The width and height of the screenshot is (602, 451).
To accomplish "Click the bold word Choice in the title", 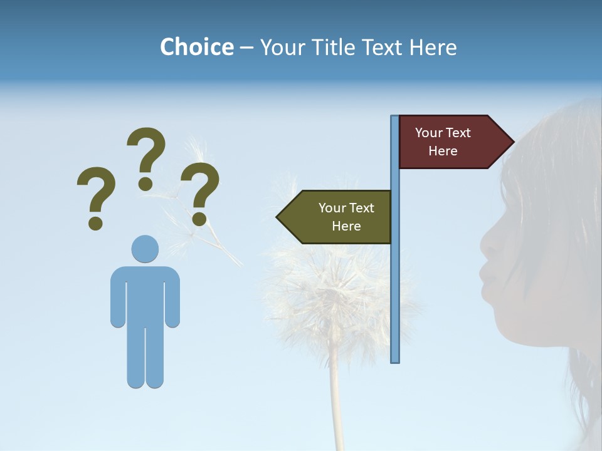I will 196,47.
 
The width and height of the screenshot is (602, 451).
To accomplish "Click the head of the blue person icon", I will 145,249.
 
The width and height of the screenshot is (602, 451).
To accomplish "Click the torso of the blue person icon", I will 145,294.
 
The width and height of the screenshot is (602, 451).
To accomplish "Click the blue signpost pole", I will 394,282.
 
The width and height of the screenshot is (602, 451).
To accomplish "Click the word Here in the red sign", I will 443,151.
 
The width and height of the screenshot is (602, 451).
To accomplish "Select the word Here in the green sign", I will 346,226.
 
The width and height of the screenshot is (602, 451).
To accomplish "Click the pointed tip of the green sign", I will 278,217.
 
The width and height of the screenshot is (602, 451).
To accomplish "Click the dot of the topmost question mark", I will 145,183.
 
